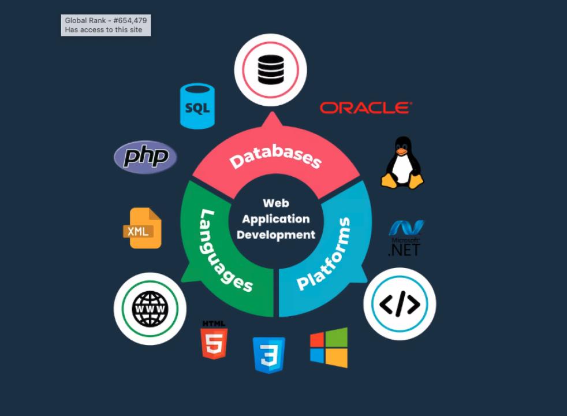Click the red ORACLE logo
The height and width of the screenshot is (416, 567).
point(365,107)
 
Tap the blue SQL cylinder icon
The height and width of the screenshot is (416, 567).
point(197,106)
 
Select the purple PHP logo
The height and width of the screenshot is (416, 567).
point(146,157)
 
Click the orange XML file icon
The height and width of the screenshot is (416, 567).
point(141,229)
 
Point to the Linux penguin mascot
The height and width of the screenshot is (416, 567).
point(402,164)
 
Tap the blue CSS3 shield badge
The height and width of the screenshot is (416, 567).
point(268,354)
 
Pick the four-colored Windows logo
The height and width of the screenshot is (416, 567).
point(329,347)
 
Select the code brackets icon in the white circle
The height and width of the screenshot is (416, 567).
point(400,304)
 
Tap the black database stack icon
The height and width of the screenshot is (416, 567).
point(270,70)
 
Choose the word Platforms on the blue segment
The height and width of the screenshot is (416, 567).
point(324,254)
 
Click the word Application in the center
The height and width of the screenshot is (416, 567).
point(276,219)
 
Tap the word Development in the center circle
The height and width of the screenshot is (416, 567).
point(276,235)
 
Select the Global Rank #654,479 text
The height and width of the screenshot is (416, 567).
point(106,21)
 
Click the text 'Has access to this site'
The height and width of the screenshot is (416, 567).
point(103,30)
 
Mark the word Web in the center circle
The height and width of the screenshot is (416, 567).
point(276,203)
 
